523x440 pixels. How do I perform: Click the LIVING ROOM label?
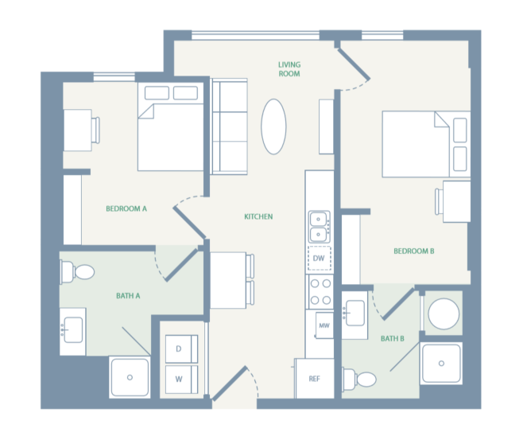click(x=289, y=68)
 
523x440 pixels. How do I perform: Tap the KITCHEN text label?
click(x=258, y=216)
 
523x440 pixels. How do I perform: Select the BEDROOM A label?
click(x=126, y=209)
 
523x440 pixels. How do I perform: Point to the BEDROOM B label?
click(x=413, y=251)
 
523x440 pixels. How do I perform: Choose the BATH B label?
click(x=392, y=339)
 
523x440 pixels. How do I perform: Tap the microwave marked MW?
click(x=323, y=325)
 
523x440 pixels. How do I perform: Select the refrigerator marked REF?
click(x=315, y=380)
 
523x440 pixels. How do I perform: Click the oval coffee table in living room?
click(x=274, y=127)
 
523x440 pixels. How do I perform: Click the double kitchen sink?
click(x=320, y=226)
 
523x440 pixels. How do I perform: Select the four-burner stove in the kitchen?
click(x=320, y=291)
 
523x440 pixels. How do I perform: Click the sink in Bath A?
click(x=73, y=327)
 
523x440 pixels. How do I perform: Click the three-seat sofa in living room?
click(x=230, y=127)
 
